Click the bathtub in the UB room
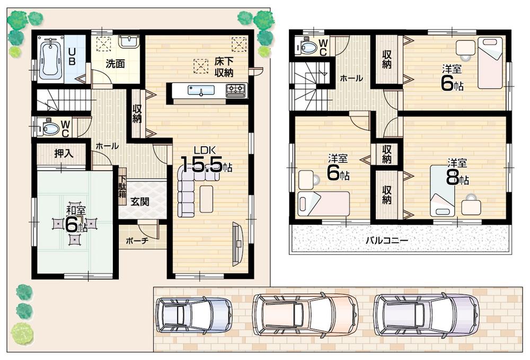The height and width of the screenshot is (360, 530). click(51, 58)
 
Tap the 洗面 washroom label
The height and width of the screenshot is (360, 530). click(115, 65)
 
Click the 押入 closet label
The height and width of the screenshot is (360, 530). click(64, 153)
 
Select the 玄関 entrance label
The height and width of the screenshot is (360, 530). click(140, 201)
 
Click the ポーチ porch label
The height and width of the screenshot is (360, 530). click(137, 240)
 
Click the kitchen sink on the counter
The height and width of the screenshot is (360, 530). click(201, 91)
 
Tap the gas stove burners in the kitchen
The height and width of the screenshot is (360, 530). click(236, 91)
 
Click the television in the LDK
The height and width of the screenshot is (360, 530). click(237, 243)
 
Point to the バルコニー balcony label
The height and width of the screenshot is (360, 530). click(386, 240)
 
